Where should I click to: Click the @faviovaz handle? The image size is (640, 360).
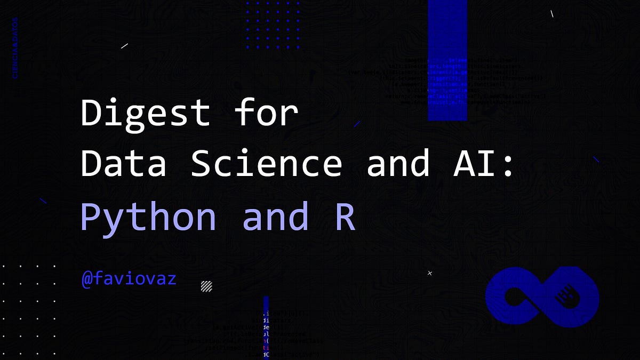[x=129, y=278]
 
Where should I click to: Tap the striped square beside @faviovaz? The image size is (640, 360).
[x=206, y=286]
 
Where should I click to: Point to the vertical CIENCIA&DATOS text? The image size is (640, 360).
[x=15, y=48]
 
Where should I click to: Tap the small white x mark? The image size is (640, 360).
[x=430, y=273]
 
